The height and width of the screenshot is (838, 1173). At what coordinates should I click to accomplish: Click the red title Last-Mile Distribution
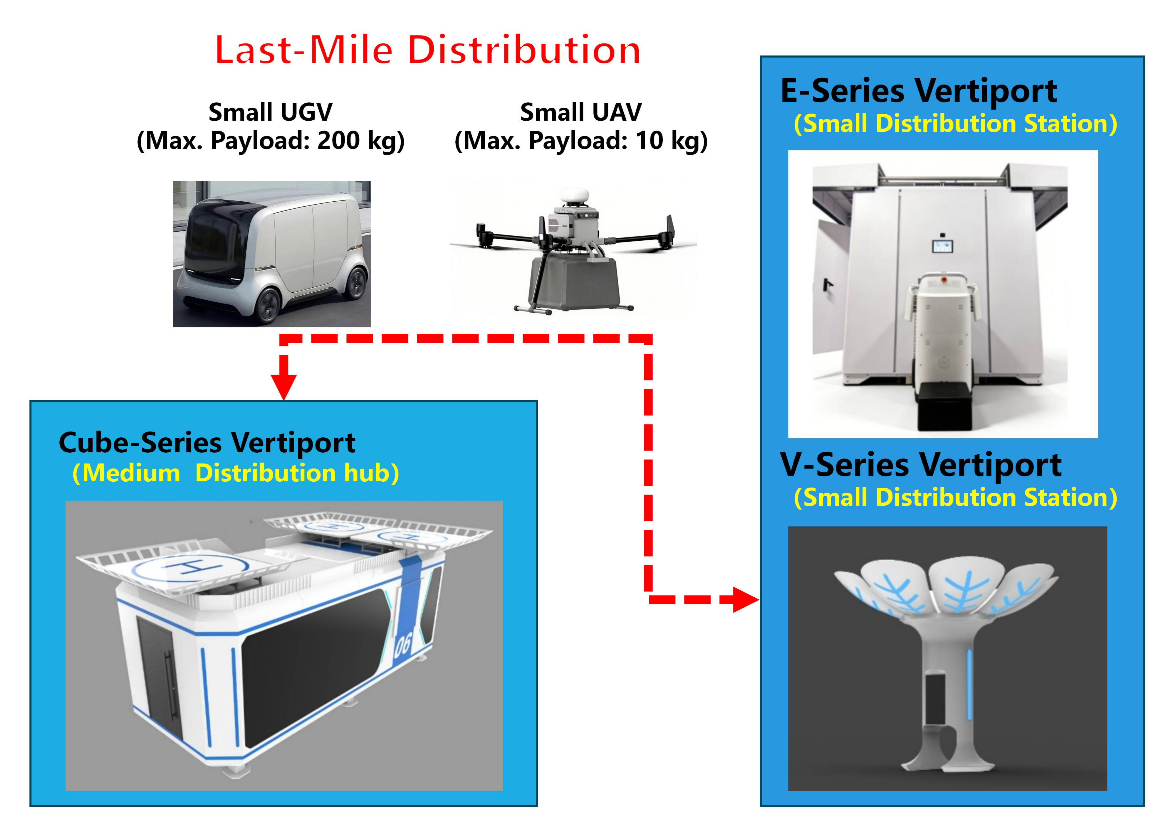click(x=427, y=50)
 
